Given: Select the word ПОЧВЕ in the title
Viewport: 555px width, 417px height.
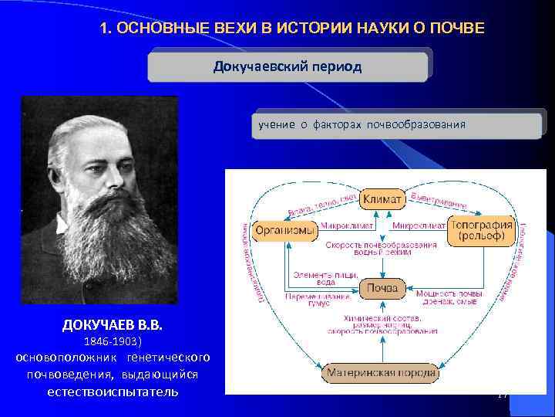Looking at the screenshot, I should (x=456, y=29).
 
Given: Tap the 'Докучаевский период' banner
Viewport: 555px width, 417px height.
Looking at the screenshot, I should (x=288, y=66).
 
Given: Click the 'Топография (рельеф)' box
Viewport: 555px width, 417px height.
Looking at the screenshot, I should (x=482, y=230).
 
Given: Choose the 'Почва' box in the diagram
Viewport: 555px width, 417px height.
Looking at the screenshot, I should (x=382, y=288).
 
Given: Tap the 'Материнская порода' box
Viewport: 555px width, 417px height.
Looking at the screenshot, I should (x=381, y=373).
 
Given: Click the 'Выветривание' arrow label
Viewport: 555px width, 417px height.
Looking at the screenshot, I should (x=439, y=200).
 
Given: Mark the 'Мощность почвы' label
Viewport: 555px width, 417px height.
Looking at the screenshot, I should (x=449, y=293).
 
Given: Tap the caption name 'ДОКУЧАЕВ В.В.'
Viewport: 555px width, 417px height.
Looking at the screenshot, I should (x=113, y=324).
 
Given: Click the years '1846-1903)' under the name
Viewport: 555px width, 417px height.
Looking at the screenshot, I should (x=113, y=341).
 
